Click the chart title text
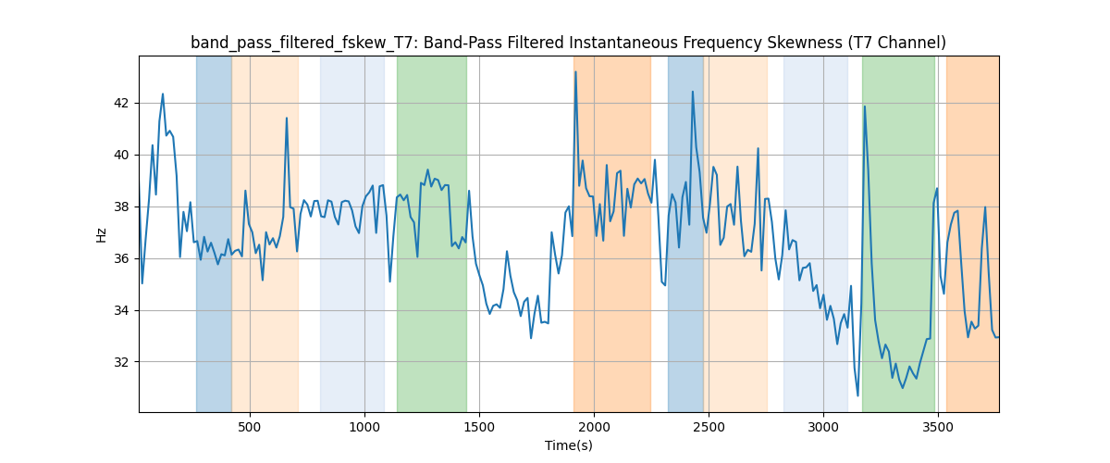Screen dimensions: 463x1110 568,43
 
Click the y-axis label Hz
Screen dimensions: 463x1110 102,234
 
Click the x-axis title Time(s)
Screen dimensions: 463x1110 568,445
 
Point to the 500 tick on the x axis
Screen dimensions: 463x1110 250,426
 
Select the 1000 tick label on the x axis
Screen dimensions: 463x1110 364,426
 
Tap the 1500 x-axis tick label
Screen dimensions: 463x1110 479,426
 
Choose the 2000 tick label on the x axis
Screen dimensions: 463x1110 594,426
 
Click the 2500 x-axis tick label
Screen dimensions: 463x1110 709,426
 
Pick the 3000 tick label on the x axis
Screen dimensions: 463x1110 823,426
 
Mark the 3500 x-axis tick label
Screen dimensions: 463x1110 938,426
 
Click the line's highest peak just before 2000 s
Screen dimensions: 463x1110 575,71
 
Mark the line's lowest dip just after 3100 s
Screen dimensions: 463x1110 857,395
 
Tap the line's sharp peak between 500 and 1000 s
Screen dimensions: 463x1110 287,118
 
